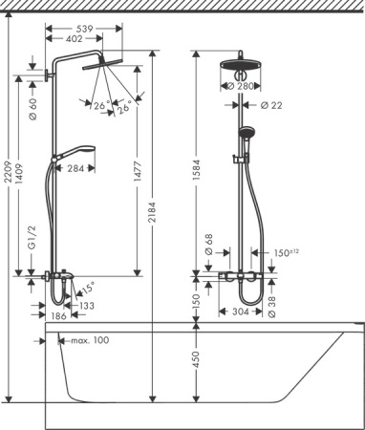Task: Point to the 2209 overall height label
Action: click(9, 172)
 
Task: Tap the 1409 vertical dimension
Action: click(22, 172)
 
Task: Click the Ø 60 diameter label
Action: click(32, 108)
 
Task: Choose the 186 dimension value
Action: click(57, 315)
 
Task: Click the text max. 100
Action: click(86, 340)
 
